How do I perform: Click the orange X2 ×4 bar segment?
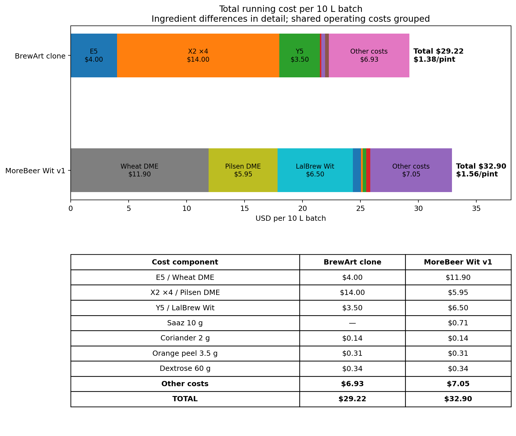tap(198, 55)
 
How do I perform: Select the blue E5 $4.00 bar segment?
tap(94, 55)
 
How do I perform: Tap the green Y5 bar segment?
tap(300, 55)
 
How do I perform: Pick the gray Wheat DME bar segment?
tap(140, 170)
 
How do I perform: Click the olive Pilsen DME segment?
tap(243, 170)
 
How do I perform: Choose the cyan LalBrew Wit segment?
tap(315, 170)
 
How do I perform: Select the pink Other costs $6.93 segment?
tap(369, 55)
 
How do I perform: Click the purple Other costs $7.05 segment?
tap(411, 170)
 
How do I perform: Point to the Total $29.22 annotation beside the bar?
tap(438, 51)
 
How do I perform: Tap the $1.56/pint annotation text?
tap(477, 174)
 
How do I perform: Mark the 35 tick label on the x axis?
tap(476, 208)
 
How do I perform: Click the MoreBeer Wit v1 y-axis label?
tap(36, 171)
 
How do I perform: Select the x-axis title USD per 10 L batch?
tap(291, 218)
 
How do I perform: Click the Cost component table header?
tap(185, 262)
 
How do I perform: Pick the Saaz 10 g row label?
tap(185, 323)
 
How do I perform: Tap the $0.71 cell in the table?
tap(458, 323)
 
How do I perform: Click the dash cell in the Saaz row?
tap(352, 323)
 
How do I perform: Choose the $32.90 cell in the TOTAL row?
tap(458, 399)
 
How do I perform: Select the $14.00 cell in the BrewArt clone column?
tap(352, 293)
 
